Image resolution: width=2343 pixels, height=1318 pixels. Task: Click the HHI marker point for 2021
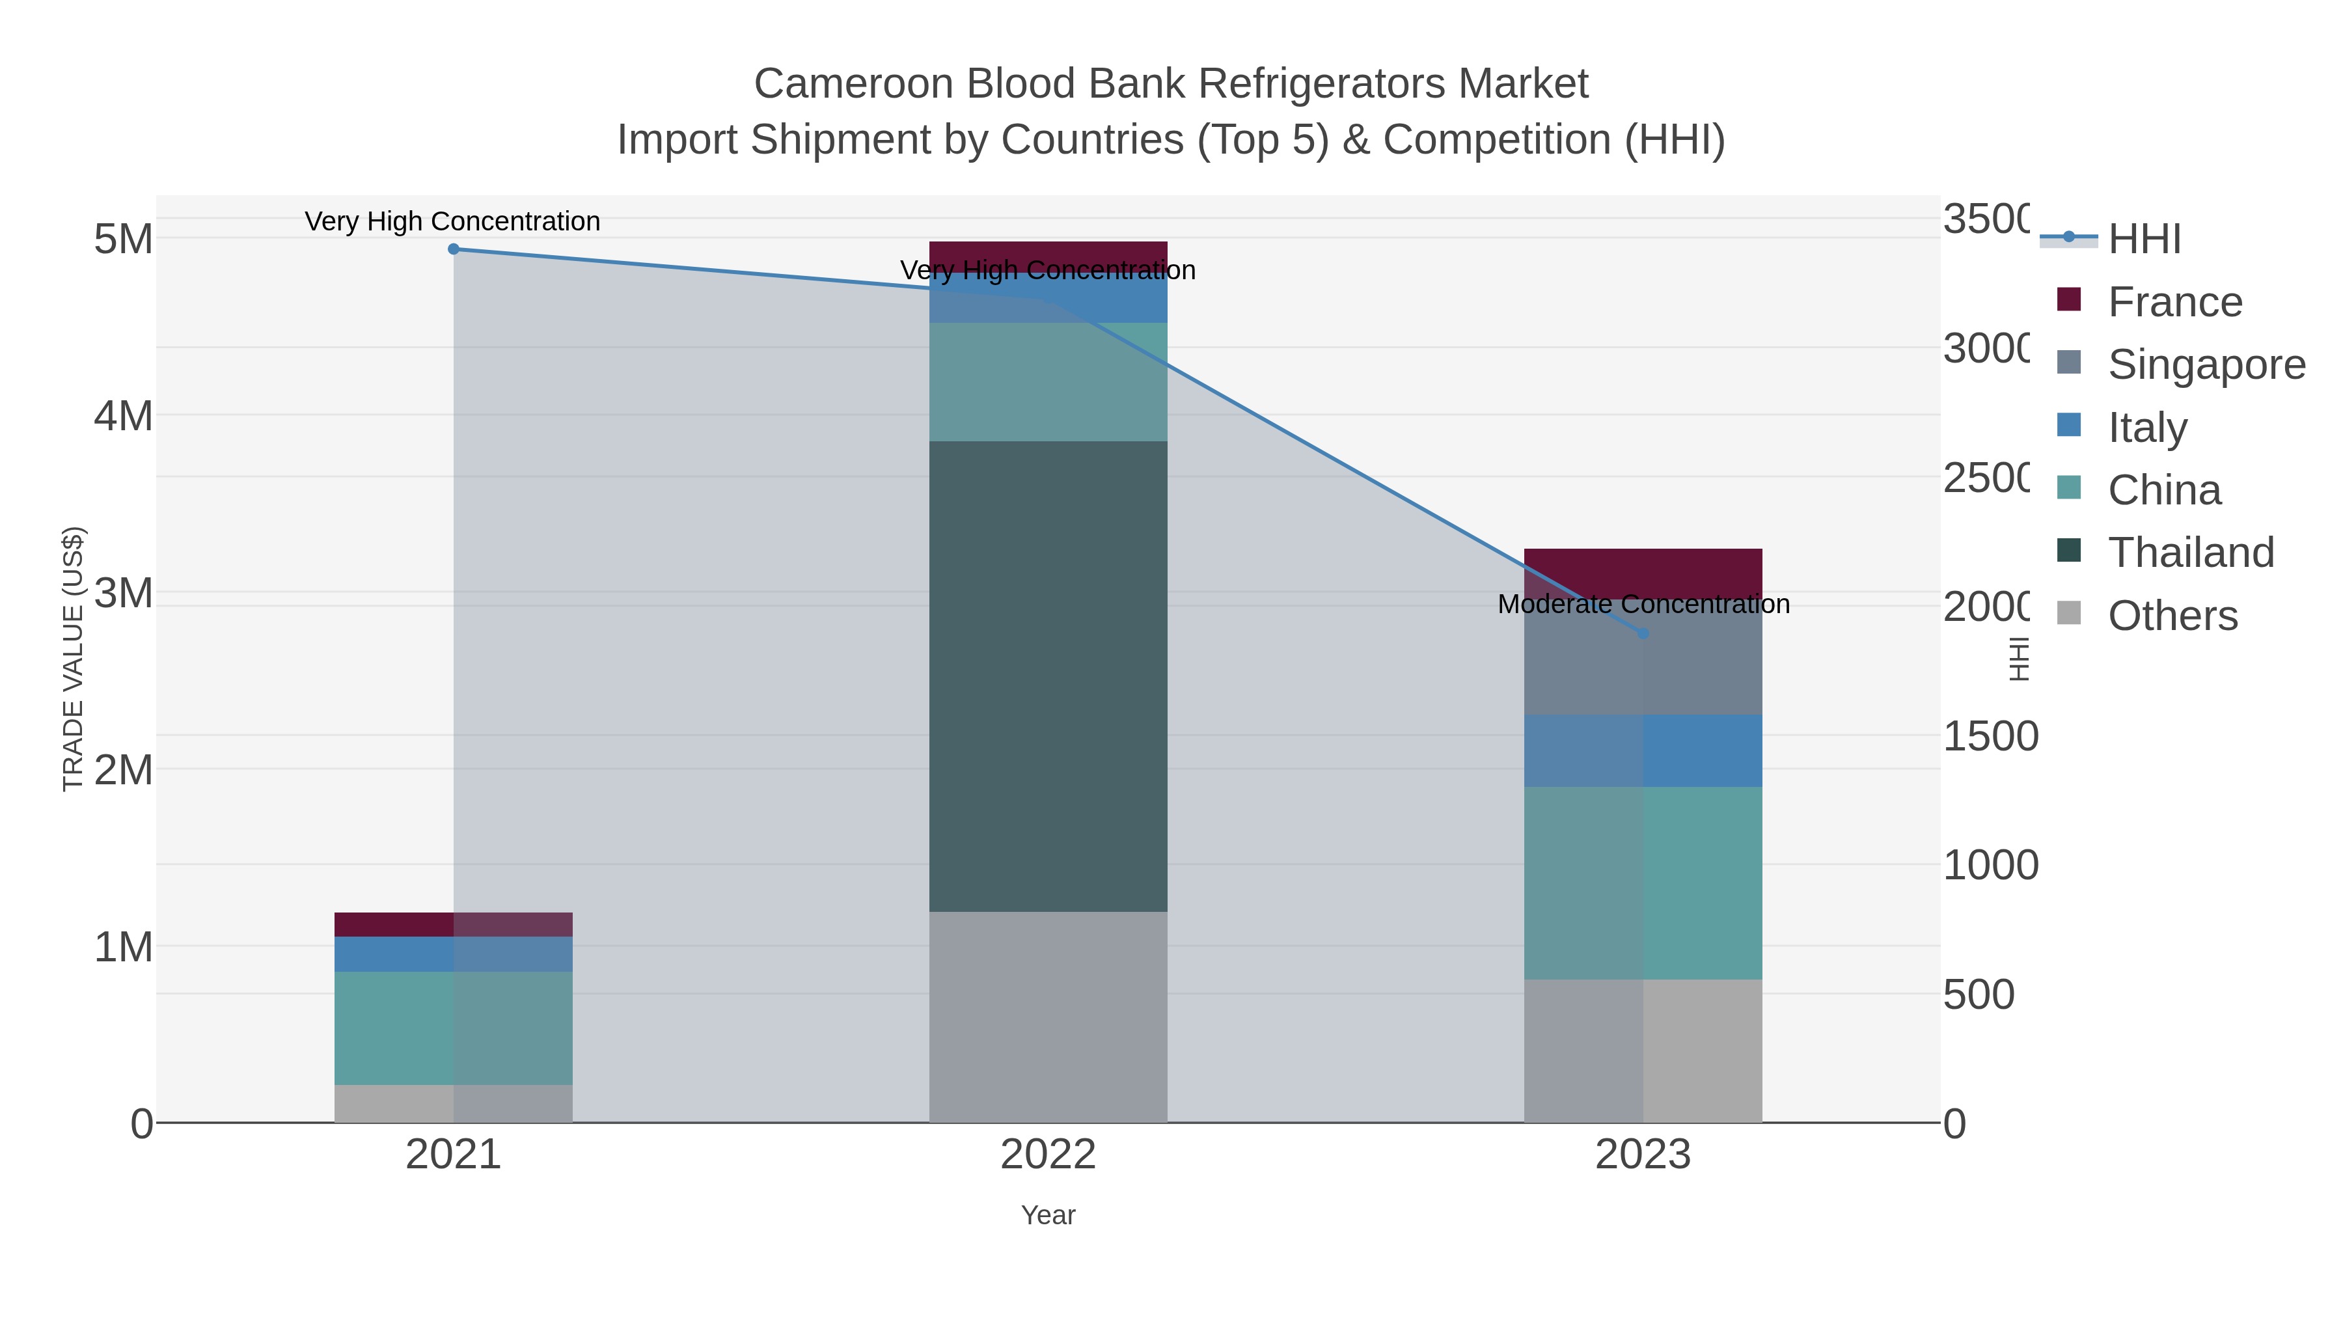pos(454,249)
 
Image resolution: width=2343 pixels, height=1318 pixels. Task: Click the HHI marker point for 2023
pos(1643,633)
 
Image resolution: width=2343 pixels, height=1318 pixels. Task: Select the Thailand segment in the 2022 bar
pos(1048,676)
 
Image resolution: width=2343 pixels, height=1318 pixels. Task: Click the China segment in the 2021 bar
pos(454,1028)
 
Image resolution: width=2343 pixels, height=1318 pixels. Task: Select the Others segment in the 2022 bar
pos(1048,1017)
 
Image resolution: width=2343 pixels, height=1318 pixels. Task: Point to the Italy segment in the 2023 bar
pos(1643,750)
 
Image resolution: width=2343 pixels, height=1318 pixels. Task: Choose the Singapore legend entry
pos(2206,364)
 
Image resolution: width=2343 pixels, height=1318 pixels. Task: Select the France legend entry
pos(2174,302)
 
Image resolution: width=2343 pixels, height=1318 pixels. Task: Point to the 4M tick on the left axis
pos(124,417)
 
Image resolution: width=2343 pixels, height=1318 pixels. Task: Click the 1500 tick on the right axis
pos(1989,737)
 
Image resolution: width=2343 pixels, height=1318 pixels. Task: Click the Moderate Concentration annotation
pos(1643,604)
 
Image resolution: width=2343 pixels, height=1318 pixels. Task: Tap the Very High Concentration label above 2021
pos(452,221)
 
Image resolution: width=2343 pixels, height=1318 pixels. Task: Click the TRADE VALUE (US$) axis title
pos(73,659)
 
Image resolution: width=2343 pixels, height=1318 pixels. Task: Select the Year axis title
pos(1048,1215)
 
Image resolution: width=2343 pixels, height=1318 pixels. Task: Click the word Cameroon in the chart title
pos(853,84)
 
